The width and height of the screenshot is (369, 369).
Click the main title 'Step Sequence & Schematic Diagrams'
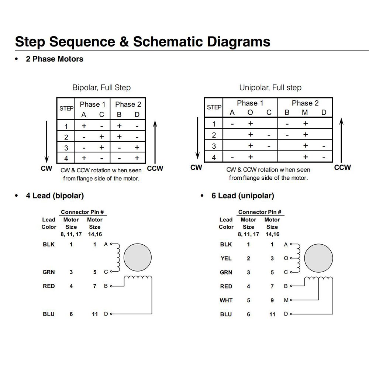click(x=142, y=41)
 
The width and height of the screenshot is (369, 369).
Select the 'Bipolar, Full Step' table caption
click(x=101, y=88)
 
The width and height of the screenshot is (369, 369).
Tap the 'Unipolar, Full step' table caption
click(x=270, y=88)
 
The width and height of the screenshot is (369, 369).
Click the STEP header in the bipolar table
click(x=66, y=108)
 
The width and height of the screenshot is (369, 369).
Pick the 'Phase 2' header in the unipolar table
click(x=305, y=103)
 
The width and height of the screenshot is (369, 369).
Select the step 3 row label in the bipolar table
click(x=66, y=148)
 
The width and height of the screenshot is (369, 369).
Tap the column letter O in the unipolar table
click(x=250, y=113)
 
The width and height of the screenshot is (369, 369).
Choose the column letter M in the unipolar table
click(x=305, y=113)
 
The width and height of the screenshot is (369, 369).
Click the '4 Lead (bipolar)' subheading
click(x=55, y=196)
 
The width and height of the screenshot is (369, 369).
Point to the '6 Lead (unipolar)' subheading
click(x=242, y=196)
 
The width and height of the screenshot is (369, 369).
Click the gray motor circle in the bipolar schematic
click(x=138, y=258)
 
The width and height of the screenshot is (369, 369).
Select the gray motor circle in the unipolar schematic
click(x=321, y=258)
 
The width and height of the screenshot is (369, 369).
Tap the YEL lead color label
click(x=226, y=258)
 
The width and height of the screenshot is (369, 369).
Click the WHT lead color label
click(x=226, y=300)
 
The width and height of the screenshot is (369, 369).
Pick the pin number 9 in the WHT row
click(x=272, y=300)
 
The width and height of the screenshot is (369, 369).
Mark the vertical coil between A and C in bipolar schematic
click(x=118, y=258)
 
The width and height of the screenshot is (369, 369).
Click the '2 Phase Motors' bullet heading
click(x=54, y=59)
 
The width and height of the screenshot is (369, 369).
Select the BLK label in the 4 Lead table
click(x=49, y=244)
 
